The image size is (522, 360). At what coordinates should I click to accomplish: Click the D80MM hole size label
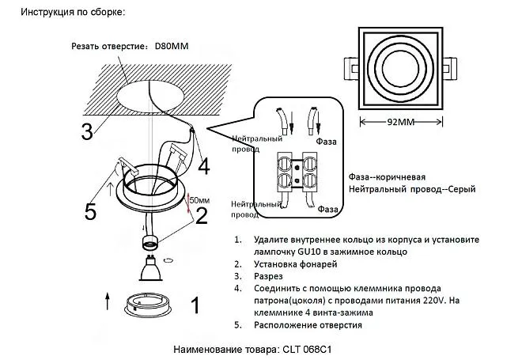pyautogui.click(x=172, y=46)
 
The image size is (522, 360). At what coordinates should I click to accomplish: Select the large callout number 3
pyautogui.click(x=88, y=131)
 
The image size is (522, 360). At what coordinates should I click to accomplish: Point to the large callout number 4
pyautogui.click(x=203, y=166)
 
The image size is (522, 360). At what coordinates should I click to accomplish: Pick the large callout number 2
pyautogui.click(x=201, y=214)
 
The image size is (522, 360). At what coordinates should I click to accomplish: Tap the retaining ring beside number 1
pyautogui.click(x=150, y=305)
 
